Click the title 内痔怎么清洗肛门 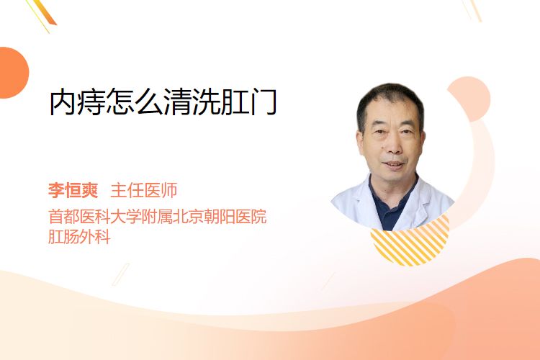163,102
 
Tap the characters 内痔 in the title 77,102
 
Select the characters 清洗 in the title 192,102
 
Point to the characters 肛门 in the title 248,102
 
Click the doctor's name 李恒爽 73,190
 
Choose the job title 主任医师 143,190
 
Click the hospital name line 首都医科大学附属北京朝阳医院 158,216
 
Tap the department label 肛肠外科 79,237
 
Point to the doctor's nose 393,145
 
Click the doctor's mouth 394,164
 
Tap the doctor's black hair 390,100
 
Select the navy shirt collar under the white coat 392,203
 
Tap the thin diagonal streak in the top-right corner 474,10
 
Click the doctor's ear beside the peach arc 422,140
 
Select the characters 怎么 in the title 135,102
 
